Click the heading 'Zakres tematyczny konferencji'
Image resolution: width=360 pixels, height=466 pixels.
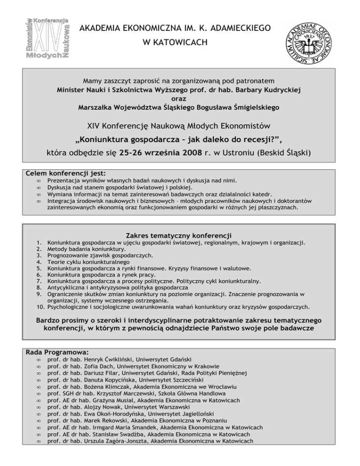point(180,235)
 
